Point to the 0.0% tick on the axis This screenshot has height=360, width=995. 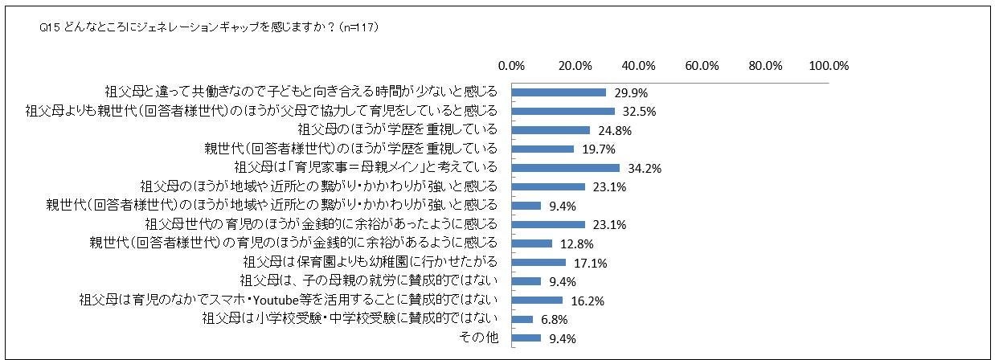(512, 65)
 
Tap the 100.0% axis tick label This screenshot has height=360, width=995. (829, 65)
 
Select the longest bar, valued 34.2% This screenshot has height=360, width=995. (566, 168)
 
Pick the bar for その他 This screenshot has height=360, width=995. (526, 338)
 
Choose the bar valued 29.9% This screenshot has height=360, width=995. (559, 92)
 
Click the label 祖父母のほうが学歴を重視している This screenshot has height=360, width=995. (398, 129)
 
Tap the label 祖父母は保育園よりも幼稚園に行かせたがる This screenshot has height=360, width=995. (370, 263)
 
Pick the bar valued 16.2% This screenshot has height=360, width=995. (537, 301)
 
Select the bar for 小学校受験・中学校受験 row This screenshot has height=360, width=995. (522, 319)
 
